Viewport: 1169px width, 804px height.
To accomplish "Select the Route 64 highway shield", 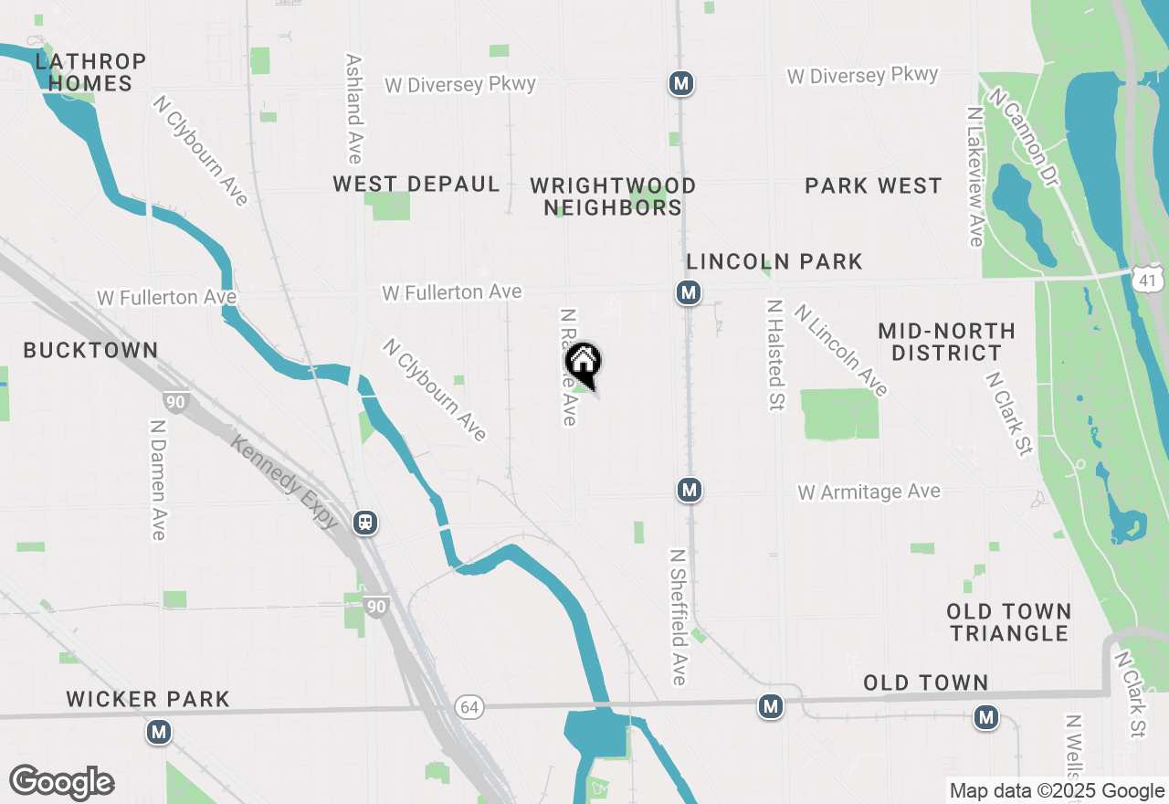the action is (469, 707).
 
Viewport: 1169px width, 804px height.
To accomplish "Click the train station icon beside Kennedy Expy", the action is (365, 523).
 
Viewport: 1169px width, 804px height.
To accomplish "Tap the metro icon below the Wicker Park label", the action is (160, 732).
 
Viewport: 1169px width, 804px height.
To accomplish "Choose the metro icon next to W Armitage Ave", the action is (690, 491).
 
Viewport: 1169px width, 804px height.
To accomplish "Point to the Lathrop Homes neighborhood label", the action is (90, 73).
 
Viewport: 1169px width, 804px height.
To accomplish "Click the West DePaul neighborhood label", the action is (416, 184).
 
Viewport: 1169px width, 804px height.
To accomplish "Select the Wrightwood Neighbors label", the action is (613, 196).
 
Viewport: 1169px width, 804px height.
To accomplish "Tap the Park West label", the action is (873, 185).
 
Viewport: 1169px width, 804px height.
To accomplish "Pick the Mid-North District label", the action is (946, 342).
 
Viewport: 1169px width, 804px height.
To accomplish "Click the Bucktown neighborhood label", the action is (91, 350).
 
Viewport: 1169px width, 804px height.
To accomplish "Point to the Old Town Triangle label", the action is (1008, 622).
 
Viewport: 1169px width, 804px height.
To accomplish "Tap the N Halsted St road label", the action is (776, 355).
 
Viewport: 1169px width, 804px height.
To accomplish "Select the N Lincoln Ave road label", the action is (841, 351).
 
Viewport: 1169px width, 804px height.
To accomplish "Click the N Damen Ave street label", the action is (158, 480).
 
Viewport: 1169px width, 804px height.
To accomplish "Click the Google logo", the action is (62, 782).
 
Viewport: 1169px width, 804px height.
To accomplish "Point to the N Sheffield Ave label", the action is (678, 617).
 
